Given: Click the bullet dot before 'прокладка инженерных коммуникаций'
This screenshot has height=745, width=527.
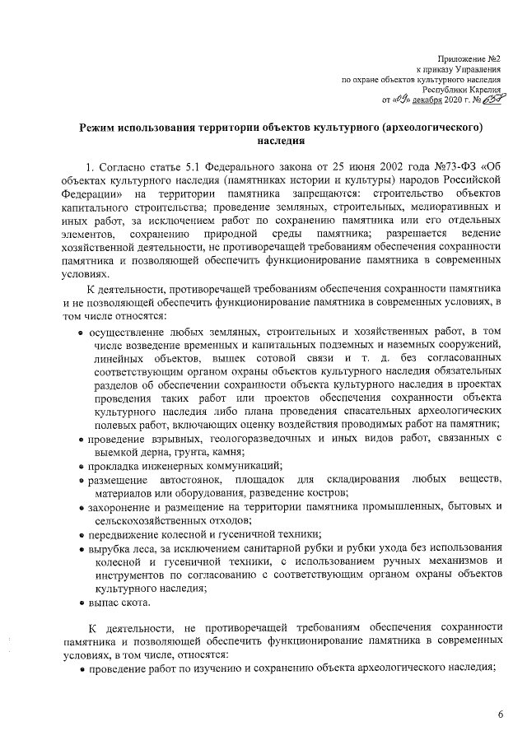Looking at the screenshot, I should point(82,467).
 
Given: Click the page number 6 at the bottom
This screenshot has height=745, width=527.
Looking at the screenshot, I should point(500,714).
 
